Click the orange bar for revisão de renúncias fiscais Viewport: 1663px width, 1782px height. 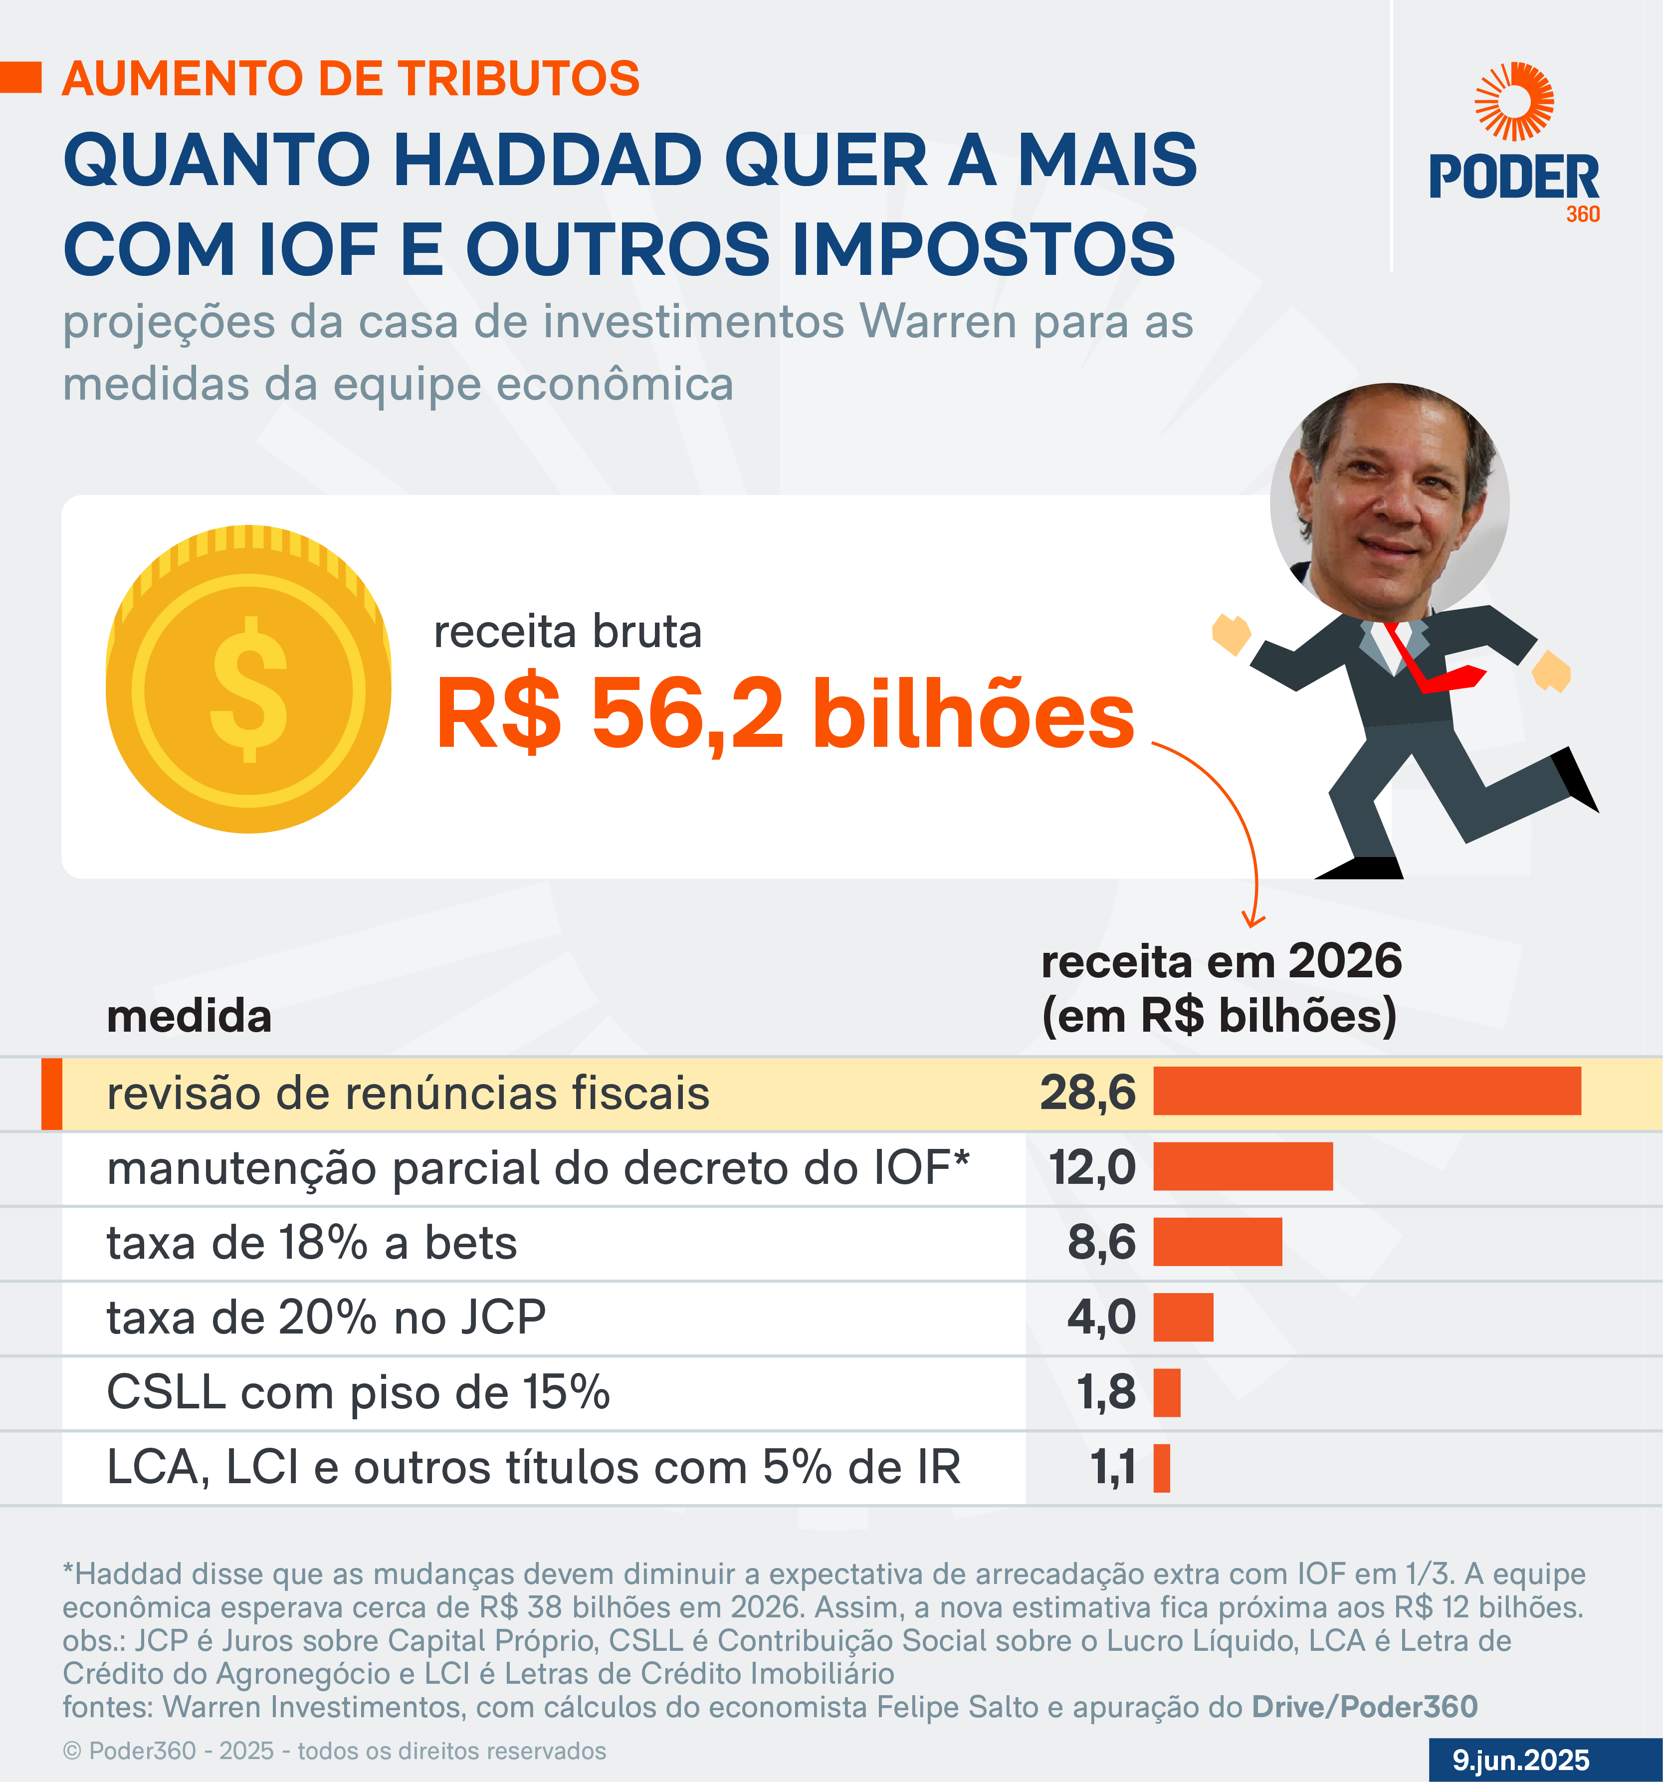click(1366, 1091)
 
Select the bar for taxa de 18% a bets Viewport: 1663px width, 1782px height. click(1217, 1242)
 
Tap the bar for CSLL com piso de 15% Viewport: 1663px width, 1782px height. click(1167, 1392)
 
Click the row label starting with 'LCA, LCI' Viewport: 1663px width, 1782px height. click(533, 1467)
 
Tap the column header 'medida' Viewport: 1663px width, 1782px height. click(189, 1017)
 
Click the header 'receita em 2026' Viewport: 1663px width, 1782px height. click(1221, 962)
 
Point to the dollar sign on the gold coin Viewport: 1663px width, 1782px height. click(249, 688)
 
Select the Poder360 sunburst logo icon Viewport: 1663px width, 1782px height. click(1514, 101)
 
